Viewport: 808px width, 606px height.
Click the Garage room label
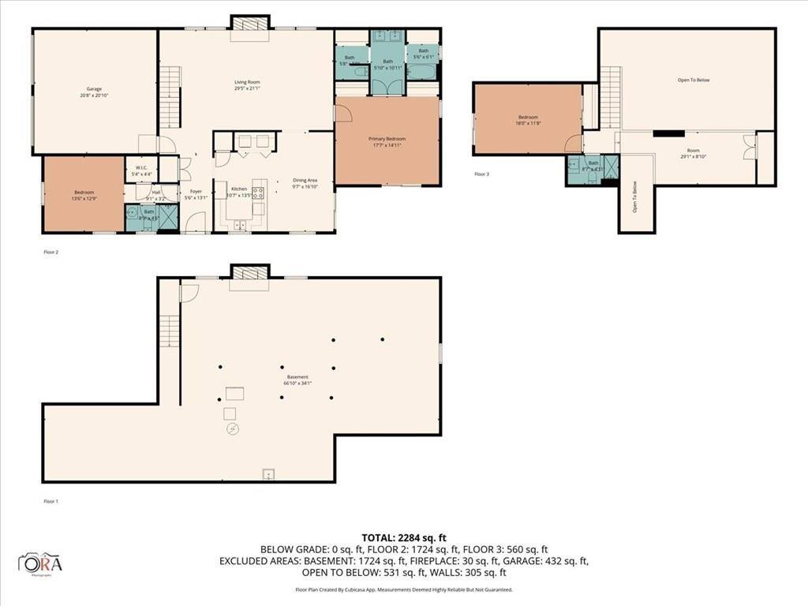click(94, 92)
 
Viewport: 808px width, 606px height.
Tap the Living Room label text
click(247, 85)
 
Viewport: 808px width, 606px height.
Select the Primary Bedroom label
click(387, 141)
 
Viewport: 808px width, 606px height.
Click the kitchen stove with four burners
click(258, 191)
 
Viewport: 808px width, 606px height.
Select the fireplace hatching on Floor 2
click(250, 23)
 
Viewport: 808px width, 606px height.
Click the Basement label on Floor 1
click(297, 380)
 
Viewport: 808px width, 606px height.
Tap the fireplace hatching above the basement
click(250, 272)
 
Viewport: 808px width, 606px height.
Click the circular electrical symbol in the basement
click(232, 429)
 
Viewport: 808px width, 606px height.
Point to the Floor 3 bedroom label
click(528, 120)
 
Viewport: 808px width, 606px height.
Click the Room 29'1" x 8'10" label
click(693, 153)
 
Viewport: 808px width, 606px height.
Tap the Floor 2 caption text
click(51, 252)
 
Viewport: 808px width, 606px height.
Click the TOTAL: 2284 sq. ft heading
click(403, 537)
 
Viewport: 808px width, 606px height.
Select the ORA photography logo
click(41, 563)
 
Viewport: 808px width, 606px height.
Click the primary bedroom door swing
click(343, 113)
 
